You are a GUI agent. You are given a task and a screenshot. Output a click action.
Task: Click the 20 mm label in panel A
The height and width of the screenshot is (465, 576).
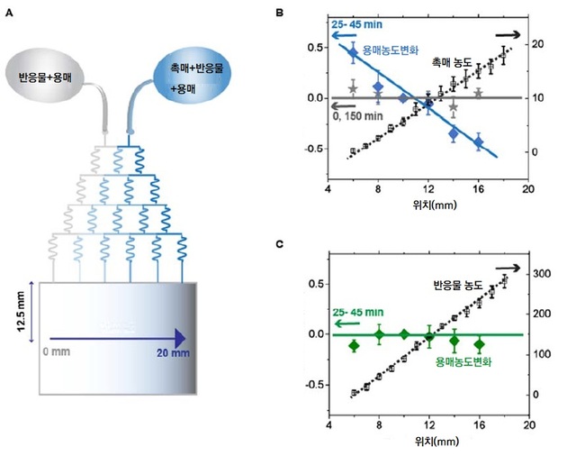click(x=173, y=353)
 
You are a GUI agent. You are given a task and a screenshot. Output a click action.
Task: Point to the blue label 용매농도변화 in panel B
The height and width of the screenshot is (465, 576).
click(x=391, y=51)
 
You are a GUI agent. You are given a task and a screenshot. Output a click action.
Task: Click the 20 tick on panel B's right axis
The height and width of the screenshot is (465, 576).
click(x=536, y=43)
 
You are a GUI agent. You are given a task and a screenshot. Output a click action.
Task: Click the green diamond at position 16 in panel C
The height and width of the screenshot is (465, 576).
click(x=480, y=344)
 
